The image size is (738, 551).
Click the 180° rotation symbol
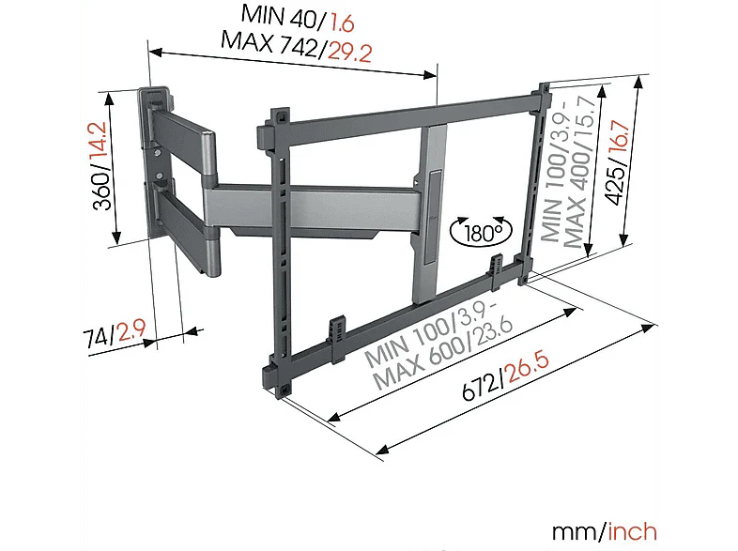[x=481, y=232]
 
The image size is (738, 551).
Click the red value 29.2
[x=349, y=52]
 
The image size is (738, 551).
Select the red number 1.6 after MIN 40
[x=342, y=23]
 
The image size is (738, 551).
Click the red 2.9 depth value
[x=131, y=330]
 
